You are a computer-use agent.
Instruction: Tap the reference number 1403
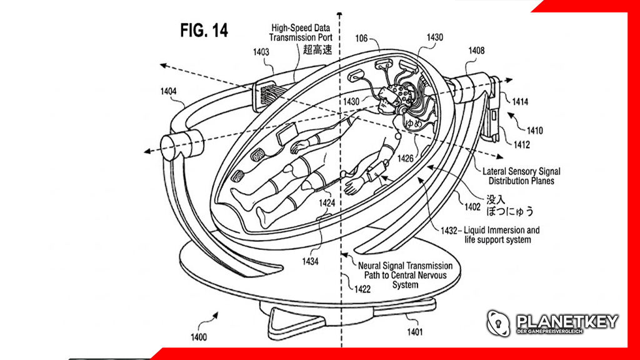click(261, 52)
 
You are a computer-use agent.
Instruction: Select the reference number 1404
click(168, 91)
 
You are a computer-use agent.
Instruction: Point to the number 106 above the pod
click(361, 39)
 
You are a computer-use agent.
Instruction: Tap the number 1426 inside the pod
click(406, 158)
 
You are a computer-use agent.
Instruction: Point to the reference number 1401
click(415, 332)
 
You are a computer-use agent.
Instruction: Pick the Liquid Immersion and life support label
click(500, 234)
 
